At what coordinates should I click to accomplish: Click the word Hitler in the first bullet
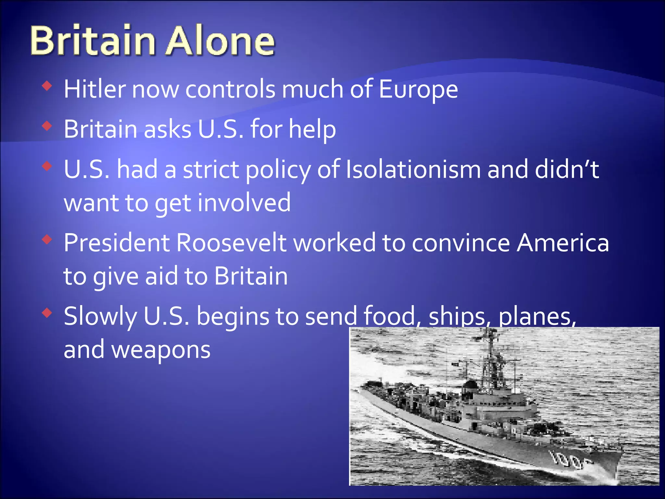(x=94, y=89)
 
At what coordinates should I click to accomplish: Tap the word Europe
(x=418, y=90)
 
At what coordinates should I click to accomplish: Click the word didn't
(x=567, y=169)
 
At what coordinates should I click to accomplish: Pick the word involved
(x=244, y=203)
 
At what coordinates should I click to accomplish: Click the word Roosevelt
(x=231, y=243)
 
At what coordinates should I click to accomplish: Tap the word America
(x=563, y=243)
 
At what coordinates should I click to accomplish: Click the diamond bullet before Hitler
(x=47, y=86)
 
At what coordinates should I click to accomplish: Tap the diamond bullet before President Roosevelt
(x=47, y=240)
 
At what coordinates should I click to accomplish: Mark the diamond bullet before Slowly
(x=47, y=313)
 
